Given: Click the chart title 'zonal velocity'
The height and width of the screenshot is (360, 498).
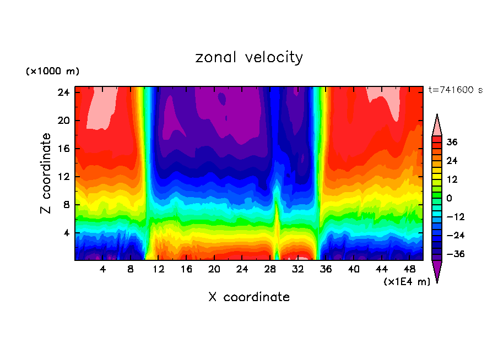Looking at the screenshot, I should tap(249, 57).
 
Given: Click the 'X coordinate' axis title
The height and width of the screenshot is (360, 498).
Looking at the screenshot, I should tap(249, 297).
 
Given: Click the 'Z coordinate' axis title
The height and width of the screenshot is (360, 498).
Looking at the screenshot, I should tap(46, 173).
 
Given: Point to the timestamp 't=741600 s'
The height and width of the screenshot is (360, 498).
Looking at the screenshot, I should tap(455, 90).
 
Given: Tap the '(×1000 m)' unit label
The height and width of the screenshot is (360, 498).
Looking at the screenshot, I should tap(52, 72).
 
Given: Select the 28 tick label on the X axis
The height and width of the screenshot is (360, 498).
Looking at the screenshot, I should tap(270, 269).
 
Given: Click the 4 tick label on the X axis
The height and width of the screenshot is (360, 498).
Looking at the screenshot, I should tap(102, 269).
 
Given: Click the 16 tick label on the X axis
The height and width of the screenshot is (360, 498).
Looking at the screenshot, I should tap(186, 269).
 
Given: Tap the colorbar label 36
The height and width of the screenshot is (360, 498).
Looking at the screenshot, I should tap(452, 142).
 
